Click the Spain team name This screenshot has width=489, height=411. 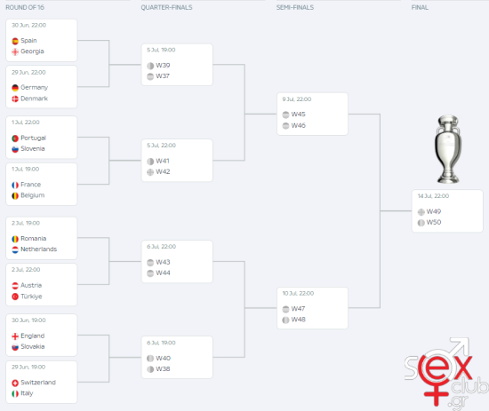pos(28,41)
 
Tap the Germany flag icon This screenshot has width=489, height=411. pos(15,88)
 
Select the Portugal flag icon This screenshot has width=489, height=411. pos(15,138)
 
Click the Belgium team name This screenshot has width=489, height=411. pos(32,195)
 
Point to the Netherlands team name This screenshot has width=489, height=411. pos(38,249)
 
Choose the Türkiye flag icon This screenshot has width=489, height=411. pos(15,296)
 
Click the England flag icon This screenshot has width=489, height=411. pos(15,336)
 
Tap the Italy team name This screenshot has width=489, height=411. pos(27,393)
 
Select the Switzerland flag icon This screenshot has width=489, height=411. pos(15,383)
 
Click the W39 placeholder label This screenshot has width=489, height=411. pos(163,66)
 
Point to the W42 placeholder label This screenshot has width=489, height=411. pos(163,172)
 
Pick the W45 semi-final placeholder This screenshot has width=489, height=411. pos(298,115)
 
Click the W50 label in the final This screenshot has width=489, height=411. pos(434,222)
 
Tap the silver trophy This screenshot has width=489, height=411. pos(448,149)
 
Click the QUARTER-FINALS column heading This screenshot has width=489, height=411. pos(166,7)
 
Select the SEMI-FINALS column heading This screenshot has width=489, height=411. pos(295,7)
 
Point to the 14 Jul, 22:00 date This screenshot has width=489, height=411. pos(433,196)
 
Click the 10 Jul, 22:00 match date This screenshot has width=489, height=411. pos(298,293)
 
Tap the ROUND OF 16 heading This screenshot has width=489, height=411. pos(25,7)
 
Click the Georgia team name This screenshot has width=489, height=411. pos(32,51)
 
